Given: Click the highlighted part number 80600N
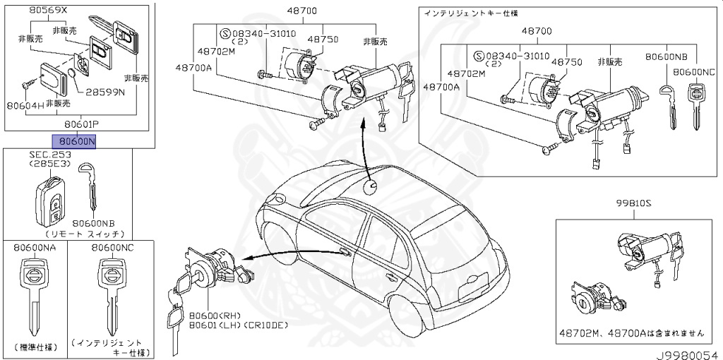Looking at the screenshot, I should click(x=76, y=141).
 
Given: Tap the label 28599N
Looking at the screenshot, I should click(x=105, y=92).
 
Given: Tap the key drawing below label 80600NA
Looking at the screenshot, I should click(x=33, y=296).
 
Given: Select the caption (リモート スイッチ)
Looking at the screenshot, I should click(x=85, y=233).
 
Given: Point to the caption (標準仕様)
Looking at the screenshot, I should click(x=33, y=349).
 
